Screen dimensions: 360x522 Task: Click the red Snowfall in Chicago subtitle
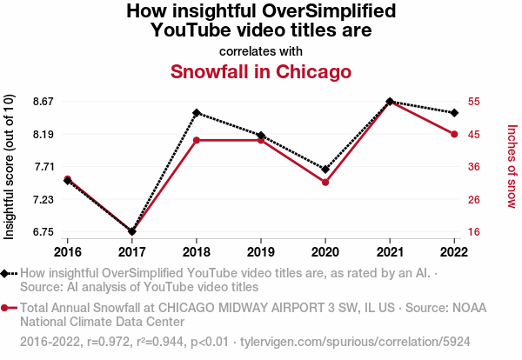(x=260, y=71)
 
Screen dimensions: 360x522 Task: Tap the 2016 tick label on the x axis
(x=68, y=251)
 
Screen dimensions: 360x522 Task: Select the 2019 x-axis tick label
(x=261, y=251)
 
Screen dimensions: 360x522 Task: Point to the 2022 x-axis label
(x=454, y=251)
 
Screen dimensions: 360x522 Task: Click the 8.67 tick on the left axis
(x=42, y=102)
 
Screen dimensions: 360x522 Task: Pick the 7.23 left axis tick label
(x=42, y=199)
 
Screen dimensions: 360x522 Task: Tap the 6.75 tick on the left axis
(x=42, y=231)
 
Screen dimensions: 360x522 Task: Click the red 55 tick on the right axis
(x=474, y=102)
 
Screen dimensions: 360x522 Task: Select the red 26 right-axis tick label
(x=474, y=199)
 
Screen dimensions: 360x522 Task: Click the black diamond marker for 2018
(x=197, y=113)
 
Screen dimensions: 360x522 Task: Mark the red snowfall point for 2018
(x=197, y=140)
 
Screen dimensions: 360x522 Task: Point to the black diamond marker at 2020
(x=325, y=170)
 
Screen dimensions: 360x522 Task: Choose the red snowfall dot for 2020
(x=325, y=183)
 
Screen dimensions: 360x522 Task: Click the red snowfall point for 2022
(x=454, y=134)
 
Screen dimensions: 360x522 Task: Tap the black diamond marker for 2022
(x=454, y=113)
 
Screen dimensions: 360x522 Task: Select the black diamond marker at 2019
(x=261, y=136)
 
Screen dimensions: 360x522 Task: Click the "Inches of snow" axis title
(x=512, y=166)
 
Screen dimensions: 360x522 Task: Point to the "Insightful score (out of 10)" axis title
(x=10, y=166)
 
